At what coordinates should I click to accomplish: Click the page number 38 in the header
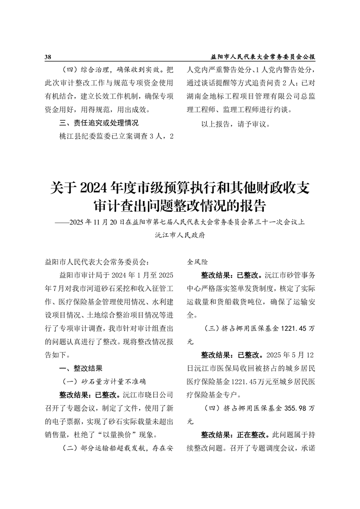48,57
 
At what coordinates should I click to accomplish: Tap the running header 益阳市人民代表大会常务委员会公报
263,57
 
